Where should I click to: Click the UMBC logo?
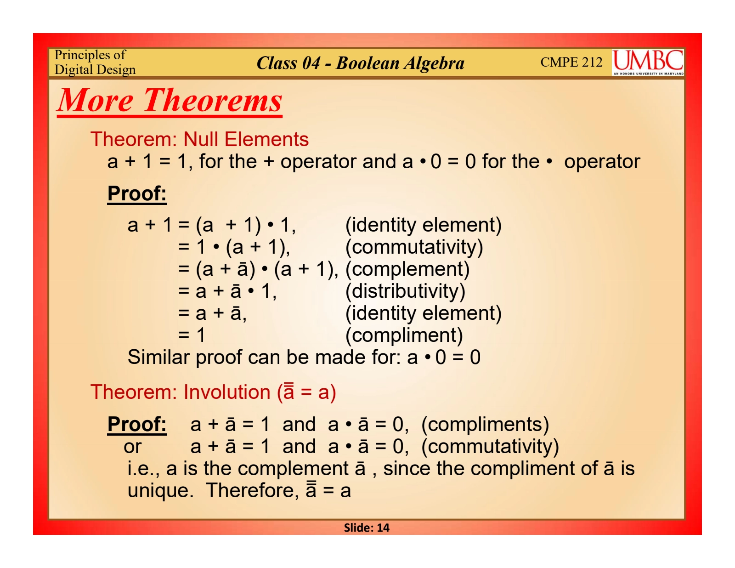647,62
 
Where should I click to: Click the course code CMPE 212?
571,62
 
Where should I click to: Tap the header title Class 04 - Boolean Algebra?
360,63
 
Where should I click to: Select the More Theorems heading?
170,100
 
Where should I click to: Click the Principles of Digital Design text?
95,62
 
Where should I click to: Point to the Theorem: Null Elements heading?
199,139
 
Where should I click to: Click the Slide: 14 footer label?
367,528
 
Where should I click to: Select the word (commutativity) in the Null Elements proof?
414,247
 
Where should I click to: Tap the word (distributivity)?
405,291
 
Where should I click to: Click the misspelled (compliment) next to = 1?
404,335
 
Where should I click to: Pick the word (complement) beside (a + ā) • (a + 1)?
407,269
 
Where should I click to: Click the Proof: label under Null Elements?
137,193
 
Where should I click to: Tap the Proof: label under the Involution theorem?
137,424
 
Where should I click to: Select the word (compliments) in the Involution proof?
485,424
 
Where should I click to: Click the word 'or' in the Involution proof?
132,447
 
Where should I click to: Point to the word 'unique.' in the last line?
160,491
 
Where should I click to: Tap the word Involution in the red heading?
226,392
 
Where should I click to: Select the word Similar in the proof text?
158,357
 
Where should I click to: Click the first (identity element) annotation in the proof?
423,225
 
